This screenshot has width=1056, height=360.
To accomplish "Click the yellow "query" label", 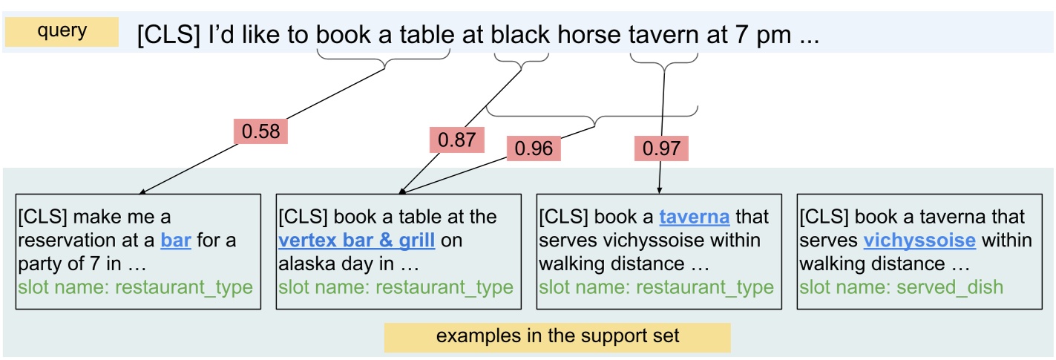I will [62, 32].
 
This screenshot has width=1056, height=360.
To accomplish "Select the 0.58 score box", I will [261, 131].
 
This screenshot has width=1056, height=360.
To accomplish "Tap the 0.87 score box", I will [456, 139].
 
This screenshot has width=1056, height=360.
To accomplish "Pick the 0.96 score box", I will [534, 148].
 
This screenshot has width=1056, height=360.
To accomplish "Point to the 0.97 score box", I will [661, 148].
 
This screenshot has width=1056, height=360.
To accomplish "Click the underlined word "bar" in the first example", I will [176, 240].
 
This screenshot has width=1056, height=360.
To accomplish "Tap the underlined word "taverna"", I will [695, 217].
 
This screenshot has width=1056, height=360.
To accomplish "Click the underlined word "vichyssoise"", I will [919, 240].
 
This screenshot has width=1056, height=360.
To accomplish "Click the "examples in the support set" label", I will [557, 336].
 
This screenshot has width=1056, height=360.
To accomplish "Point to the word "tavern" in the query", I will [663, 35].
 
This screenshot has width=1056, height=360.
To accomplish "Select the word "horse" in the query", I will [588, 35].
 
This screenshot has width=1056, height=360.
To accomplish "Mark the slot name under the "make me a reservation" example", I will [136, 287].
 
